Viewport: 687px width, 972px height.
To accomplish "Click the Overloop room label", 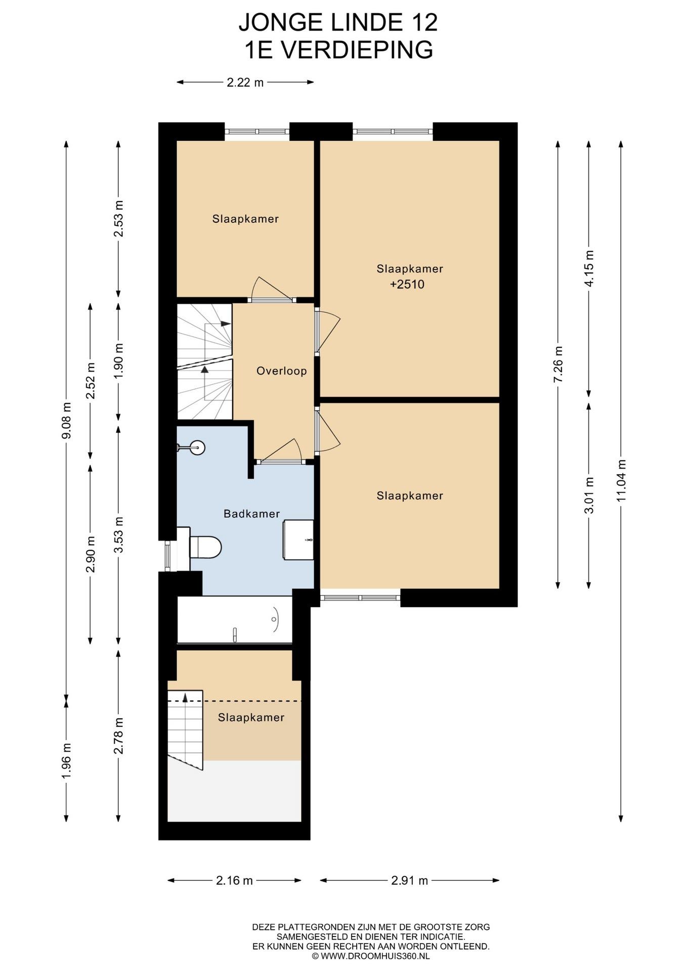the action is [281, 371].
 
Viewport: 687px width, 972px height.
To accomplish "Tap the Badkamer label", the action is [251, 514].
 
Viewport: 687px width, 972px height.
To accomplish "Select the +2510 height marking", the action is [407, 285].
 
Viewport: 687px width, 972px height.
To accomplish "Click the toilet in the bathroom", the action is [205, 547].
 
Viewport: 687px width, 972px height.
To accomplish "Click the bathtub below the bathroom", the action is [235, 620].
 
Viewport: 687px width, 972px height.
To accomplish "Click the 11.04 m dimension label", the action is [621, 480].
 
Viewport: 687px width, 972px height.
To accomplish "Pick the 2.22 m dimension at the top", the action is [245, 82].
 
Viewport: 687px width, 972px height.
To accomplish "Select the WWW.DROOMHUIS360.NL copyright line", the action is [371, 956].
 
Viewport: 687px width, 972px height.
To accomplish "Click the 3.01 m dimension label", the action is [589, 496].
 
